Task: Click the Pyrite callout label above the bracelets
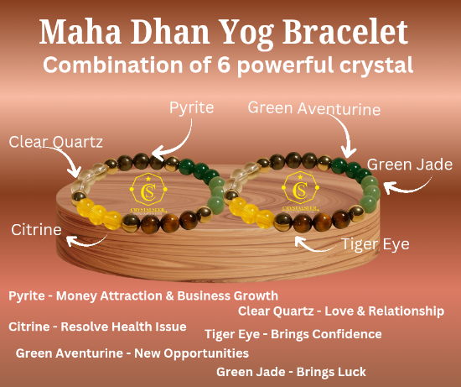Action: (192, 107)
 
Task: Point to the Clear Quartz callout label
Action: (55, 142)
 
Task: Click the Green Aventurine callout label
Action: (314, 108)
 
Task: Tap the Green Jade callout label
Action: (410, 165)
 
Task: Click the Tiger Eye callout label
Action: (376, 244)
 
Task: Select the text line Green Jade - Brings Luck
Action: (291, 371)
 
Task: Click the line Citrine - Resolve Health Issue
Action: (97, 327)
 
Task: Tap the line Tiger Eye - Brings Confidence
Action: (293, 334)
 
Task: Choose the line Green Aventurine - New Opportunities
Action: (132, 353)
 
